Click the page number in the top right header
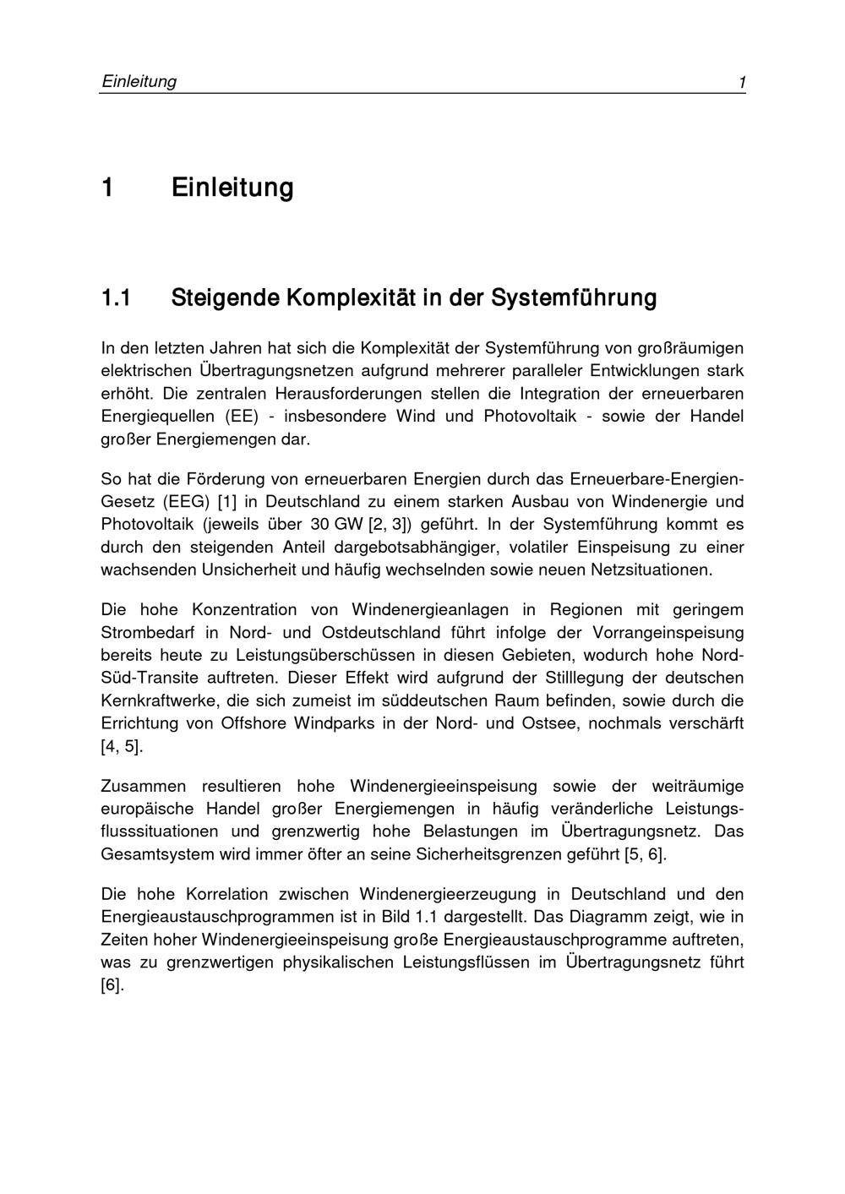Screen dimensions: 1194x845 tap(741, 82)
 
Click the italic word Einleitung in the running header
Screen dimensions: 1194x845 tap(139, 81)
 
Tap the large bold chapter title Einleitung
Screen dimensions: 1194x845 tap(232, 187)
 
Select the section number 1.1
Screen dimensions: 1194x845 tap(117, 298)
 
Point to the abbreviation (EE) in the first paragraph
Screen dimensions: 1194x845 tap(241, 416)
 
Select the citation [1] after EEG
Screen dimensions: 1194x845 tap(227, 501)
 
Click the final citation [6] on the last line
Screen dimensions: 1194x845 tap(112, 985)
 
